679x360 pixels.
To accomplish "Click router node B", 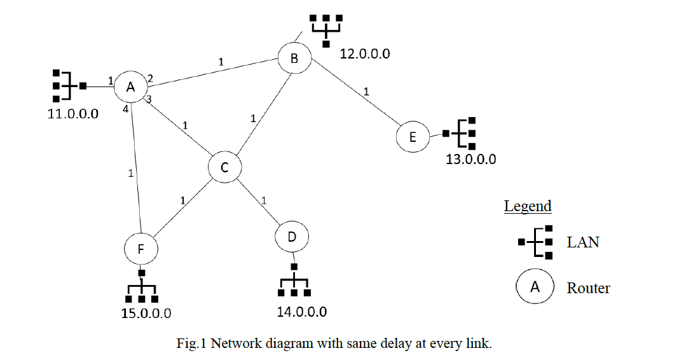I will (294, 59).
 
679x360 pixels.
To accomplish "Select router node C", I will (224, 168).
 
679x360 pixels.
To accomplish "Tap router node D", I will (292, 237).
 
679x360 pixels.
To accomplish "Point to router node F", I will (141, 249).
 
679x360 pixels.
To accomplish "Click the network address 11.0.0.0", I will (73, 116).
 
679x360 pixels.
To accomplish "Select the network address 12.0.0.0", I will (365, 54).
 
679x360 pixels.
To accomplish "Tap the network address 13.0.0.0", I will (470, 159).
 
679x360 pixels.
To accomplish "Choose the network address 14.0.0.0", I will (301, 312).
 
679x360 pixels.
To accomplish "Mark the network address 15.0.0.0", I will (146, 313).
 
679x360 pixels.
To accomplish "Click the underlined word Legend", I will (528, 206).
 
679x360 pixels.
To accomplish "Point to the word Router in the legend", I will (588, 288).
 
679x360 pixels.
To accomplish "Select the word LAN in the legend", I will (583, 242).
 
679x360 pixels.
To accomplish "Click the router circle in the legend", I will (535, 287).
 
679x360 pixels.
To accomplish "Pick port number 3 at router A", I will (149, 99).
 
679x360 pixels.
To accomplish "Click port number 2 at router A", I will (150, 79).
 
